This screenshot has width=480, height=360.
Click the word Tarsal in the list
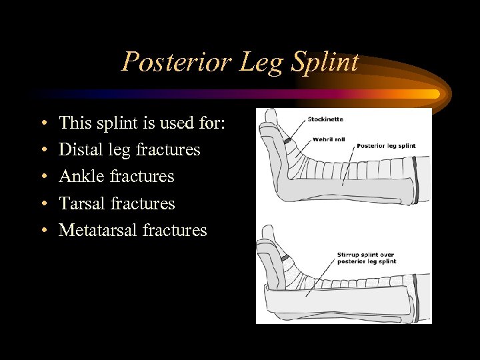[x=79, y=203]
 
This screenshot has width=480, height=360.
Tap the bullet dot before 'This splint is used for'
[x=43, y=124]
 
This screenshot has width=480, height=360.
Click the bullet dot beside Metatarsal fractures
[x=43, y=231]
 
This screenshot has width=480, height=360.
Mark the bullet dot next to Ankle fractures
[x=43, y=177]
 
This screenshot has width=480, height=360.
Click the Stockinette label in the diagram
[x=325, y=119]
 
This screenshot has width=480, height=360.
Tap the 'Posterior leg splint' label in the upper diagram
[x=386, y=145]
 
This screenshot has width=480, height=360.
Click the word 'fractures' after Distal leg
[x=167, y=149]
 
